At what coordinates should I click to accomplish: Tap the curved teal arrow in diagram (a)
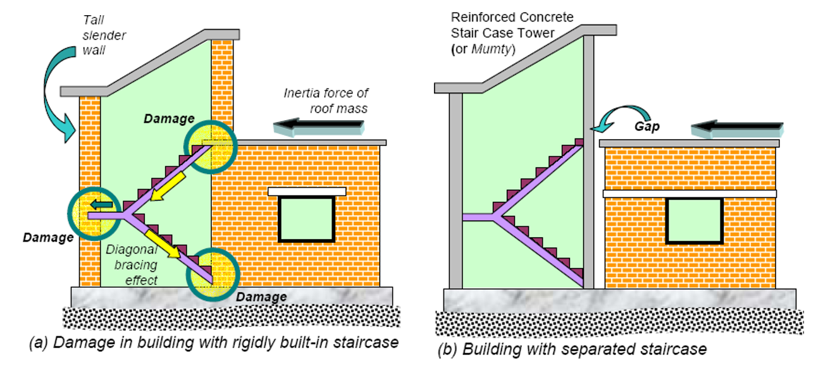tap(54, 95)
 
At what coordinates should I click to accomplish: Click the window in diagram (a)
tap(307, 219)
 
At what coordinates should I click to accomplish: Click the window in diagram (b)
tap(694, 221)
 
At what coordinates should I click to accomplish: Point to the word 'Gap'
tap(647, 126)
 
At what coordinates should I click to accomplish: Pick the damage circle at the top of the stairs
tap(209, 147)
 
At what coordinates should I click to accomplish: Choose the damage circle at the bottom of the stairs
tap(215, 274)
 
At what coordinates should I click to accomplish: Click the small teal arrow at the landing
tap(101, 204)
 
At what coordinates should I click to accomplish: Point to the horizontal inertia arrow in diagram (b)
tap(737, 130)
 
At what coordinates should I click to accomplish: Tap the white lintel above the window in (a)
tap(307, 191)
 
